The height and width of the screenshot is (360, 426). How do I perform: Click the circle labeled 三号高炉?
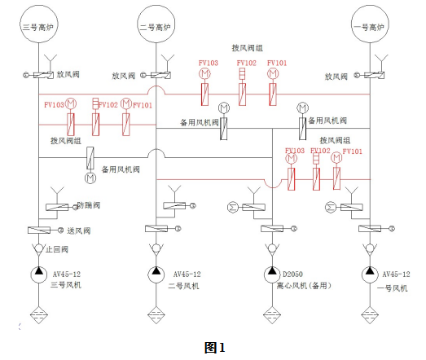point(37,26)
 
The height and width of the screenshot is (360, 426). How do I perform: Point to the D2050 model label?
point(297,274)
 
